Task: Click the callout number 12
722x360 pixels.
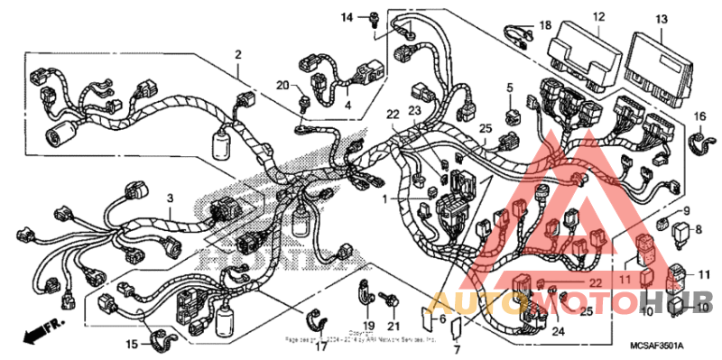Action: pyautogui.click(x=598, y=16)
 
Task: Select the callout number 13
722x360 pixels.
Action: pyautogui.click(x=662, y=18)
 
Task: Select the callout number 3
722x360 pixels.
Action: pyautogui.click(x=168, y=197)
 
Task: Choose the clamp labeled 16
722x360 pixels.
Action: pyautogui.click(x=697, y=142)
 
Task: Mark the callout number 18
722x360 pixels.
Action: pyautogui.click(x=544, y=24)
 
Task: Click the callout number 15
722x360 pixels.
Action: pyautogui.click(x=132, y=344)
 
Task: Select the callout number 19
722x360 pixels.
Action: pyautogui.click(x=366, y=325)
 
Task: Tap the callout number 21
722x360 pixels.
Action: pyautogui.click(x=393, y=325)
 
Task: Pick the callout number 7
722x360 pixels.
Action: pyautogui.click(x=456, y=349)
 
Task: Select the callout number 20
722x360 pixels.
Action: pyautogui.click(x=282, y=85)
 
